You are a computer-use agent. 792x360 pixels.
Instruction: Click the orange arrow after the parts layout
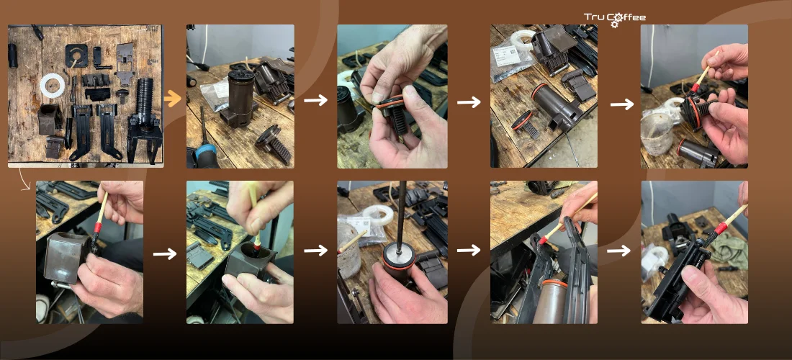172,98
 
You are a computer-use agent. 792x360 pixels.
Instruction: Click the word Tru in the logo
595,17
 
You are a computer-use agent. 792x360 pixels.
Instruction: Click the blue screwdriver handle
205,155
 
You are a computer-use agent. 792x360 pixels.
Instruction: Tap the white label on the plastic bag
506,55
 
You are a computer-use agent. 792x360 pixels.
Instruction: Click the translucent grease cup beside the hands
657,133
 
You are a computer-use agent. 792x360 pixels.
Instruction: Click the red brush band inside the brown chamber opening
257,246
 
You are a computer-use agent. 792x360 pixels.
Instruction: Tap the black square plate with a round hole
76,55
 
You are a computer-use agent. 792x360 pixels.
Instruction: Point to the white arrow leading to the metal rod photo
315,251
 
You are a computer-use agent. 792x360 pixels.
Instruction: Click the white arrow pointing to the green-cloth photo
618,251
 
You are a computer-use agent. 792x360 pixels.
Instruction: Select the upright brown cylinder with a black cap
241,96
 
